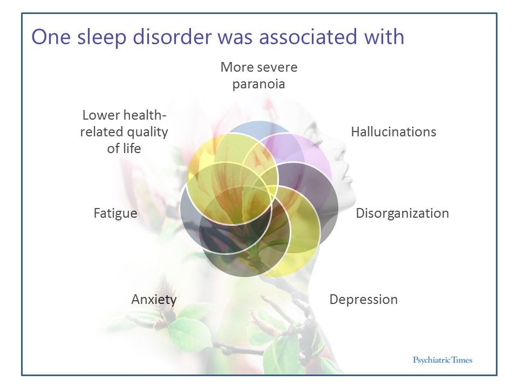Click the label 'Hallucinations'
coord(393,132)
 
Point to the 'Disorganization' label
coord(402,213)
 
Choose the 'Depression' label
coord(363,300)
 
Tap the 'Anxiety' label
coord(154,300)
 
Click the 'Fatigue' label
coord(115,213)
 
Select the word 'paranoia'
coord(258,85)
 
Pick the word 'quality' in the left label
coord(148,132)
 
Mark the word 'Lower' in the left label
coord(101,115)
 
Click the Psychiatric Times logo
coord(442,359)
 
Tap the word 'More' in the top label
coord(237,68)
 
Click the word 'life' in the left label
coord(131,149)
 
